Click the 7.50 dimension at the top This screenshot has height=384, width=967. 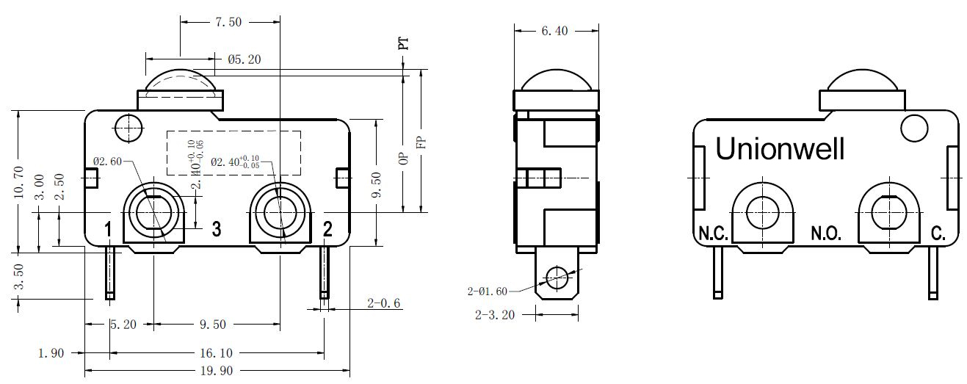click(228, 21)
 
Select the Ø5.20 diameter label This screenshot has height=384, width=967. click(245, 59)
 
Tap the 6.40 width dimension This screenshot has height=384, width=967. click(555, 31)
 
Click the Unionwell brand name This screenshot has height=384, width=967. click(780, 149)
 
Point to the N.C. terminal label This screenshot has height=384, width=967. click(713, 233)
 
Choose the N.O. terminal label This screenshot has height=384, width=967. click(826, 233)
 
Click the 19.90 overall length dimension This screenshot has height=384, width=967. click(217, 371)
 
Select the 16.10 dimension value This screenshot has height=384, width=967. click(216, 353)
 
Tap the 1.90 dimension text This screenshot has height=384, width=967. click(51, 353)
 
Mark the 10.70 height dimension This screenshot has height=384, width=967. click(18, 182)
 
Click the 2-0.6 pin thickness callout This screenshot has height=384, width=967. click(384, 303)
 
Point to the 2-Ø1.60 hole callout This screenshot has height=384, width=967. click(487, 291)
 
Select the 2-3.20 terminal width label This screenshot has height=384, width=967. click(495, 315)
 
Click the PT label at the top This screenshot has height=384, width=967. click(403, 43)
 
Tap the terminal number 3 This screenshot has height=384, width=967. click(217, 229)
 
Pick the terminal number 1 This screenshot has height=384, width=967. click(108, 229)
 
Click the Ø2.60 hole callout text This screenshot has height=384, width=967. click(107, 162)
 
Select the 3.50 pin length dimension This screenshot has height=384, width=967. click(18, 276)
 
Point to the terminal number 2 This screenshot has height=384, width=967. click(327, 229)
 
